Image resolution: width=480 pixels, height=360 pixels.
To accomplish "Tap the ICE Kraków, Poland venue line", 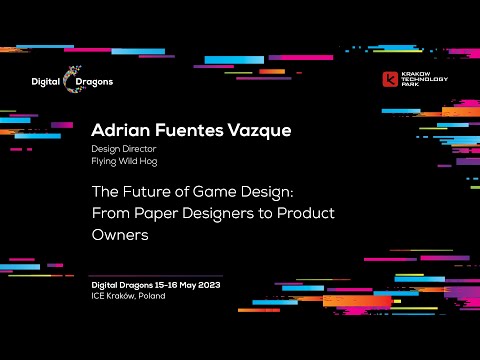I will [x=128, y=295].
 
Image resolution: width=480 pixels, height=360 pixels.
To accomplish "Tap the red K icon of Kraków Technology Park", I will [x=392, y=79].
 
